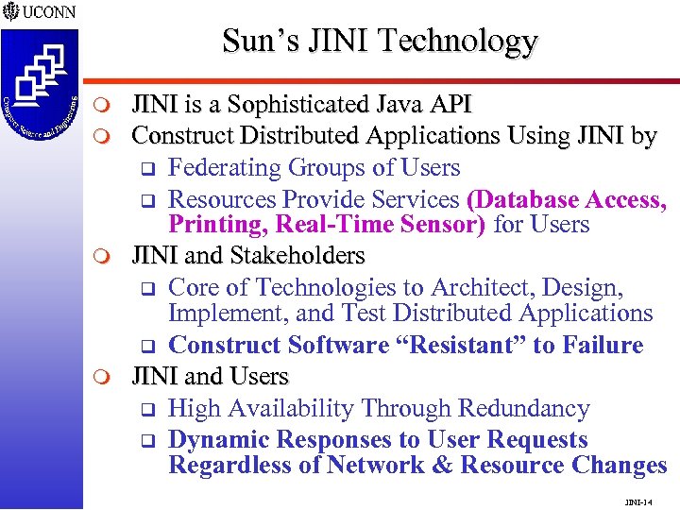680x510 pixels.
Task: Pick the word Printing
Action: (211, 225)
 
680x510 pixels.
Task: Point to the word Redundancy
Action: (524, 408)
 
